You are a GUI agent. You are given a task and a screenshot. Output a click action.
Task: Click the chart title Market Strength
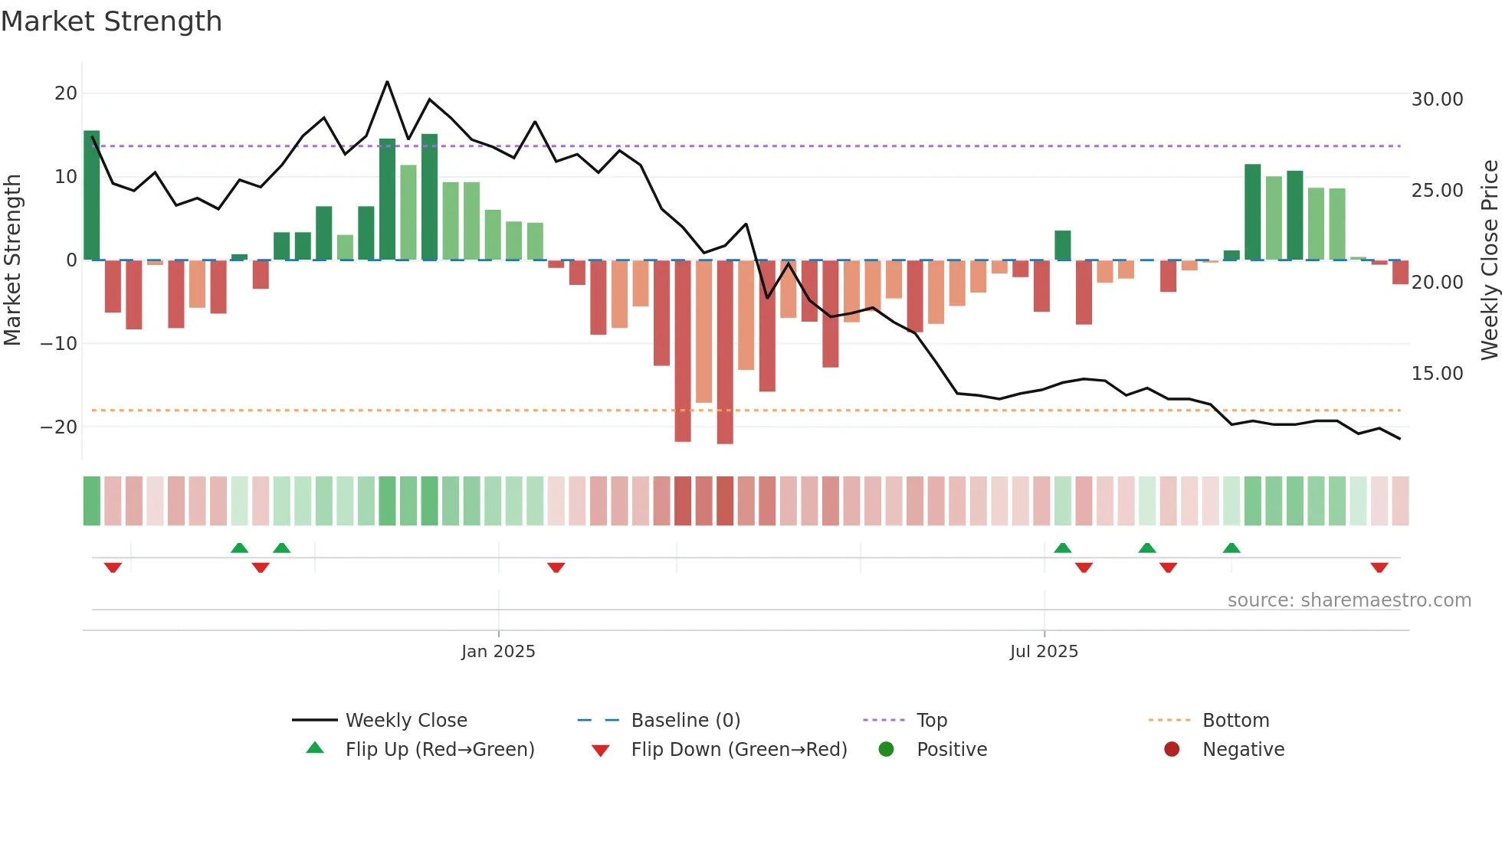(x=111, y=21)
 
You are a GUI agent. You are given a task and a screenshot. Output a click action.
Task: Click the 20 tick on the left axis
(x=66, y=93)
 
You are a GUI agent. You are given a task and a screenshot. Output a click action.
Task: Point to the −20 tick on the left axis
(x=60, y=427)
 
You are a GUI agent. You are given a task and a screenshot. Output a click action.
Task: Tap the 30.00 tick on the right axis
(x=1437, y=100)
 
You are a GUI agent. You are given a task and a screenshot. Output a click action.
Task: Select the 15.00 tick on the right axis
(x=1437, y=374)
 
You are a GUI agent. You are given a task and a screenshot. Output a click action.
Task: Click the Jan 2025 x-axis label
(x=498, y=652)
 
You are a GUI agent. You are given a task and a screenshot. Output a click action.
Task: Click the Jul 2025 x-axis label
(x=1044, y=652)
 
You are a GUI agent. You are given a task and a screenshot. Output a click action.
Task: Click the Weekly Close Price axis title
(x=1489, y=260)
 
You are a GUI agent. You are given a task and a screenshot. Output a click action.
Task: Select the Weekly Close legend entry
(x=406, y=721)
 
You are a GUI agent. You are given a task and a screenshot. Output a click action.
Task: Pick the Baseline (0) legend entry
(x=685, y=721)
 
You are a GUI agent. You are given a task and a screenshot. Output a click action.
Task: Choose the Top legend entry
(x=932, y=721)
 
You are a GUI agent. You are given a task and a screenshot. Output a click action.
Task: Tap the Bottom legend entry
(x=1235, y=721)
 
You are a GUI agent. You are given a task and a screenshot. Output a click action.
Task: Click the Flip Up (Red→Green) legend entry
(x=439, y=750)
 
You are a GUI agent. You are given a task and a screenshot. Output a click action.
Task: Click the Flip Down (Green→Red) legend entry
(x=739, y=750)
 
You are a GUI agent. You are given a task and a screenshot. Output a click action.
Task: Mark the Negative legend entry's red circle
(x=1172, y=749)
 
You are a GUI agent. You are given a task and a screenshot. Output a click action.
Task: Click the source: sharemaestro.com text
(x=1349, y=600)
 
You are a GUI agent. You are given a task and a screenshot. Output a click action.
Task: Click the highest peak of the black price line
(x=387, y=82)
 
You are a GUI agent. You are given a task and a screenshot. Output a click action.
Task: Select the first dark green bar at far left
(x=92, y=195)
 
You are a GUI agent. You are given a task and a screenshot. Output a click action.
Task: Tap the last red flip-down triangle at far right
(x=1379, y=568)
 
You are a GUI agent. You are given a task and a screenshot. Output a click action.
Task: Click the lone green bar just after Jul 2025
(x=1062, y=246)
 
